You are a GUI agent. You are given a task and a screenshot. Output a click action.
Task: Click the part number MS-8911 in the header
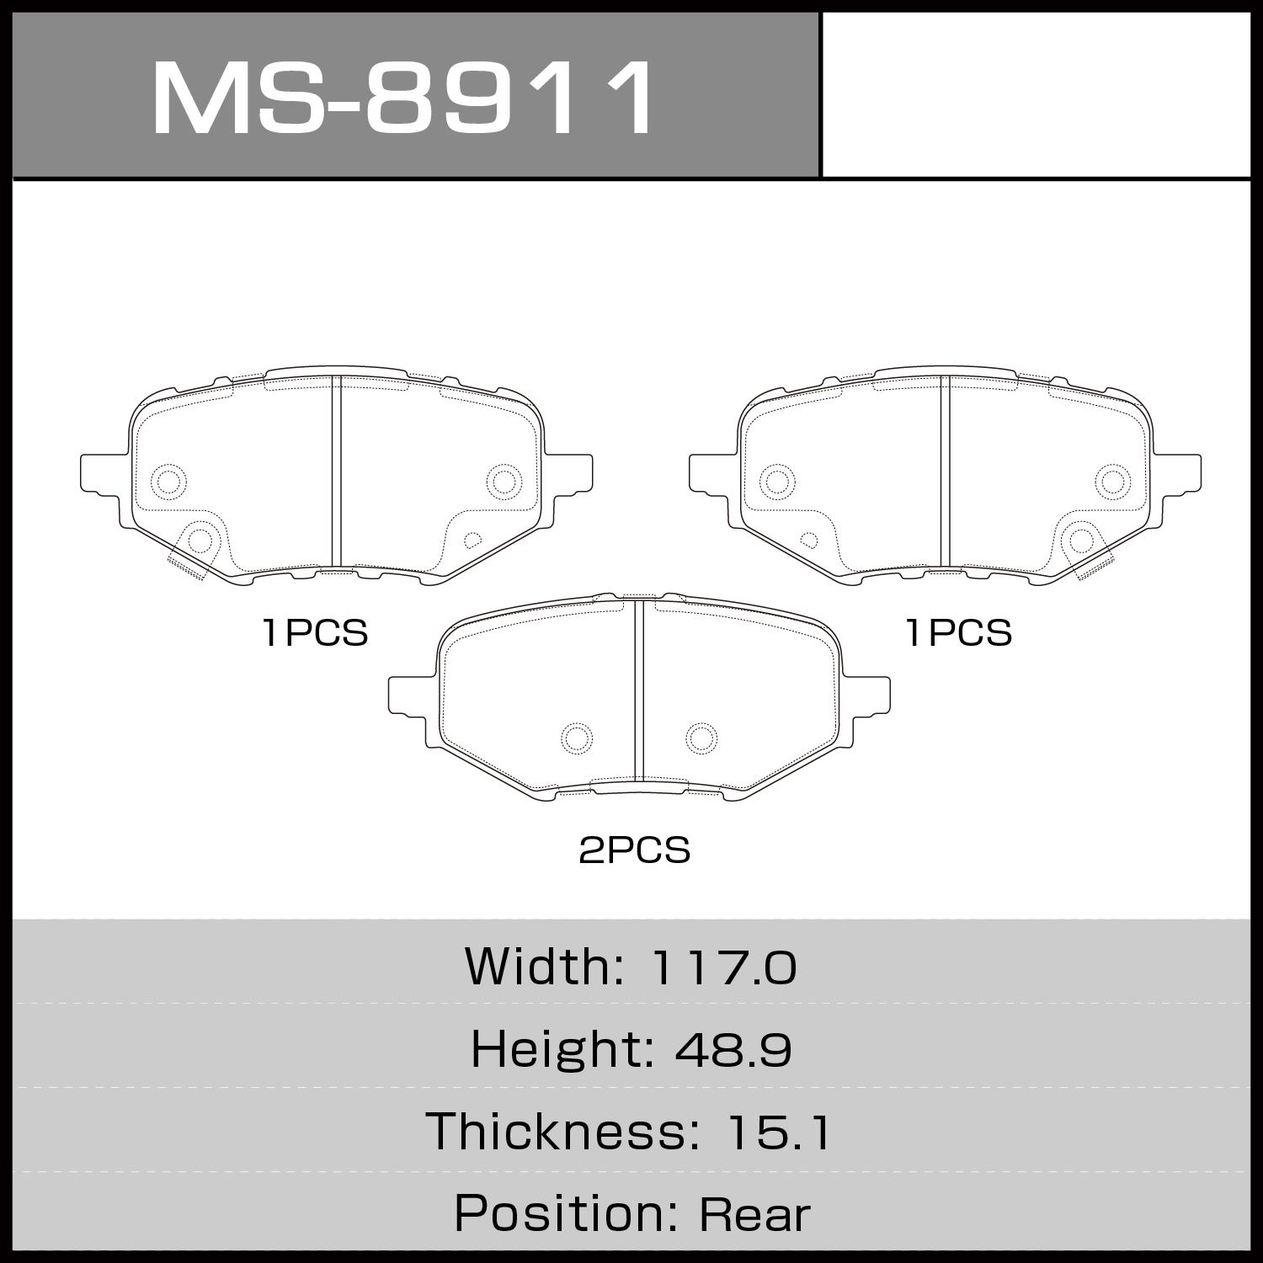(x=402, y=99)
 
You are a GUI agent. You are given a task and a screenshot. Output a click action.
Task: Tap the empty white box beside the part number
(x=1036, y=94)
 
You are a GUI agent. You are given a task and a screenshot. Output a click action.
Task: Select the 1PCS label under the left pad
(x=315, y=632)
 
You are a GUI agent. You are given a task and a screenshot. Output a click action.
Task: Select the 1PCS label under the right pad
(x=959, y=632)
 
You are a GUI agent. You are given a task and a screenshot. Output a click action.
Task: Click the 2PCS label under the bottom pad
(x=635, y=850)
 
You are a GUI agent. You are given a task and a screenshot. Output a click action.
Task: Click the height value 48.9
(x=733, y=1049)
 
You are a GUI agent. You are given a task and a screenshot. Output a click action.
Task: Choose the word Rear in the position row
(x=754, y=1214)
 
